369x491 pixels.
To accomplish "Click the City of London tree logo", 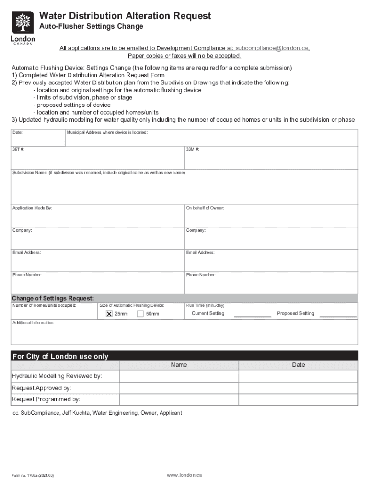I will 22,23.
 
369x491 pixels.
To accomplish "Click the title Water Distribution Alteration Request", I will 125,16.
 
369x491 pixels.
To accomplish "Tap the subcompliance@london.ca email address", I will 272,48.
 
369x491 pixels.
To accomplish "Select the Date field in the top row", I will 38,138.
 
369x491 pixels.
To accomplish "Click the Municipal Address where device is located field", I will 211,139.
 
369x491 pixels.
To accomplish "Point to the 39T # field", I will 98,159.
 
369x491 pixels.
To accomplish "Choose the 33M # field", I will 271,159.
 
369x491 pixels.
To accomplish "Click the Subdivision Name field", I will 184,188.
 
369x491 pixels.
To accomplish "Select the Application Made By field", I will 98,217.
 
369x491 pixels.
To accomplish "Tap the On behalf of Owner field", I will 271,217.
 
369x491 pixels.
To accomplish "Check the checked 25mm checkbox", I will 109,314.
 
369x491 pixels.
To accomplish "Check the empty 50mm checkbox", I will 140,314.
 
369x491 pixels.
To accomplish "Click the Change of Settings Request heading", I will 53,298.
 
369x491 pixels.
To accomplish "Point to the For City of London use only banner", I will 184,356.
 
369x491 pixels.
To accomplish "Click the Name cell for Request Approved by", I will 179,388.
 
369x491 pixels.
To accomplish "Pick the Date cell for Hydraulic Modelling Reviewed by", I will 298,376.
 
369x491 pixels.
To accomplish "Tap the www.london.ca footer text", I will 184,475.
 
